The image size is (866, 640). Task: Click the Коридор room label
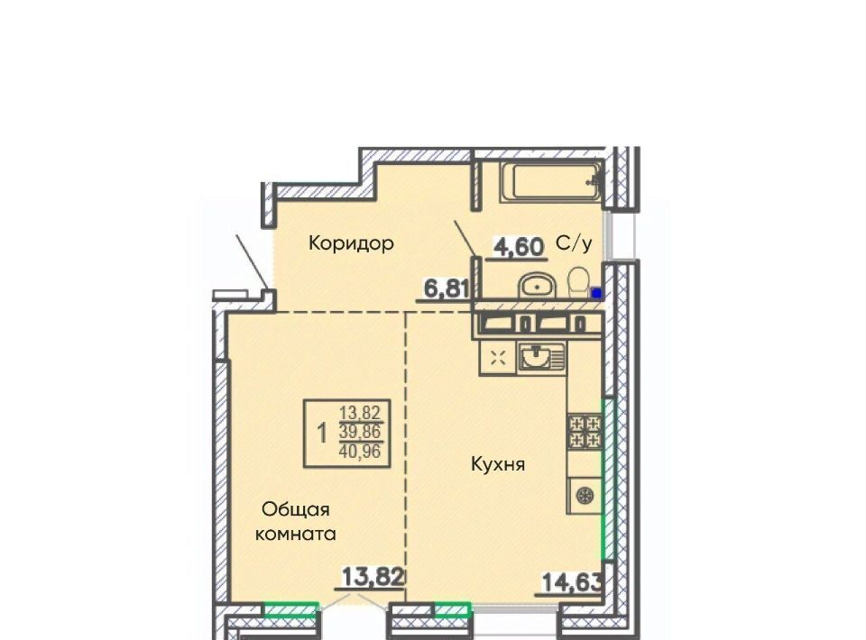[x=351, y=243]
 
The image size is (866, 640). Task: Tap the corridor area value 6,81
[x=447, y=288]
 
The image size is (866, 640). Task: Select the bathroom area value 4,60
[x=518, y=247]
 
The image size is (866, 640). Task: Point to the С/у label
[x=575, y=242]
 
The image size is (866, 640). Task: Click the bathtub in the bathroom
[x=550, y=181]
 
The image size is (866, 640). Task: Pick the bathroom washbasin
[x=536, y=286]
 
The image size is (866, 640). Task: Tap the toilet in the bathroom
[x=578, y=282]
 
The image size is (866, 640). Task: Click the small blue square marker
[x=596, y=293]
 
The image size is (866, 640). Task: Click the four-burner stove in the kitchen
[x=585, y=432]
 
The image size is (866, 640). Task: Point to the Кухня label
[x=498, y=464]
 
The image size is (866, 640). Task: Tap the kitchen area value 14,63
[x=572, y=582]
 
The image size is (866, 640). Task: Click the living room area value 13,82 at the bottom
[x=373, y=577]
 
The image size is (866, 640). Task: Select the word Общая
[x=296, y=509]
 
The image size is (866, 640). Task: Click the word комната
[x=296, y=534]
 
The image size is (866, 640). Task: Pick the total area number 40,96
[x=360, y=452]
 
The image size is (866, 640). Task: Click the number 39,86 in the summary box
[x=360, y=432]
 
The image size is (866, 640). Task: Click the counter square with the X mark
[x=498, y=358]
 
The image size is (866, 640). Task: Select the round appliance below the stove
[x=584, y=495]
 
